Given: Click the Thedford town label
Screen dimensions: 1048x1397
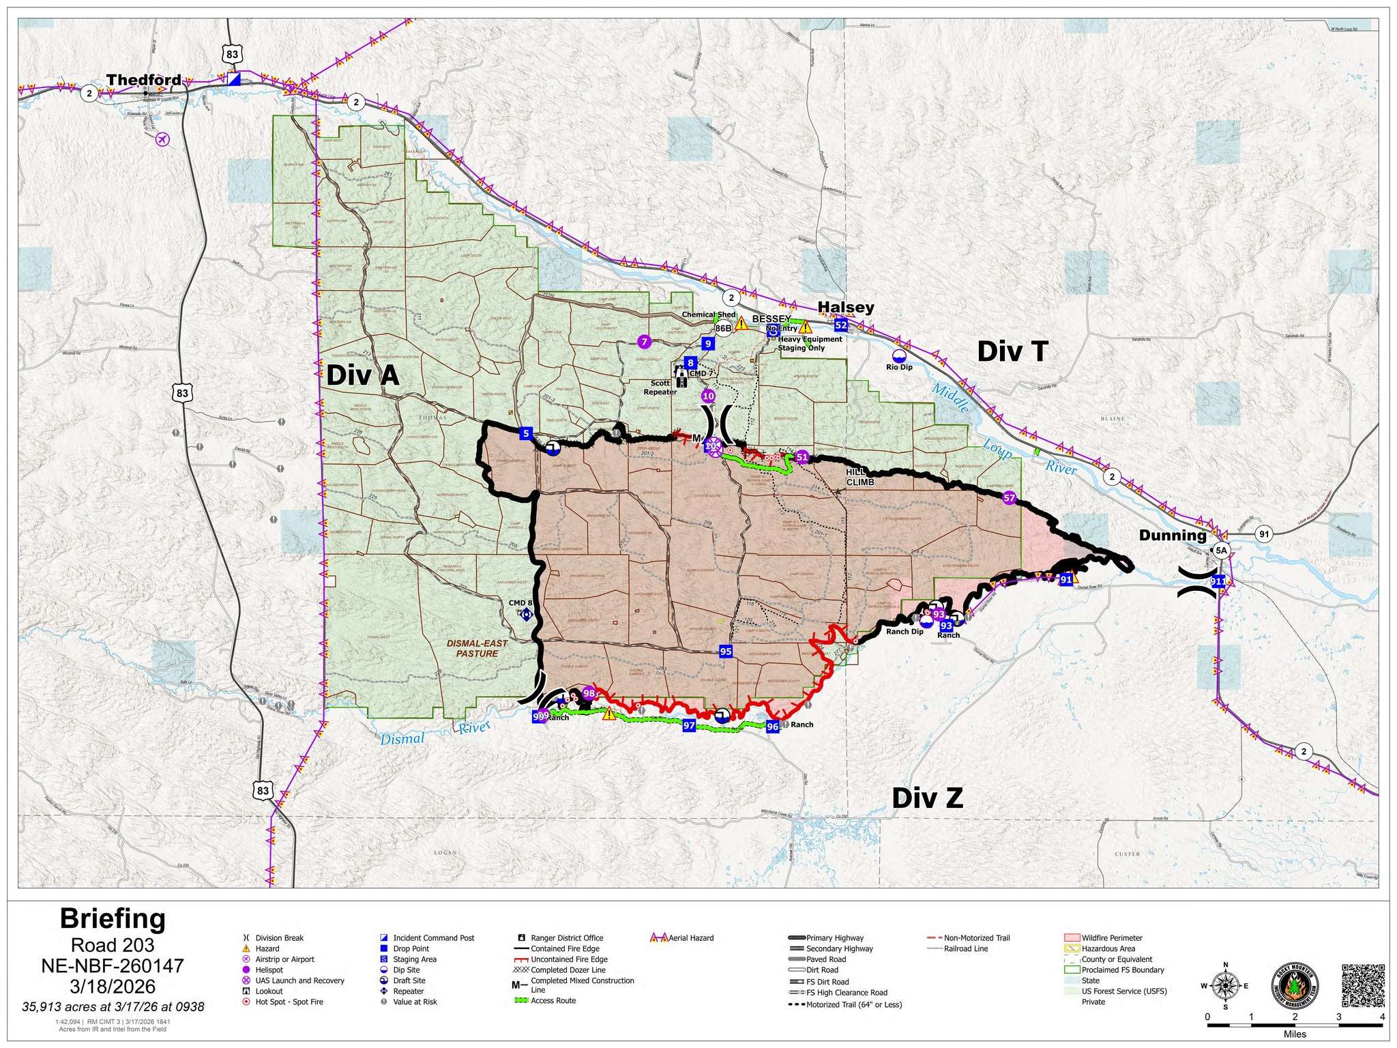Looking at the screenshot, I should point(143,80).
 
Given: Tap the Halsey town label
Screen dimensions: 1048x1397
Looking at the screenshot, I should point(845,307).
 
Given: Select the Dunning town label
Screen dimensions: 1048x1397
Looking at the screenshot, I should point(1172,536).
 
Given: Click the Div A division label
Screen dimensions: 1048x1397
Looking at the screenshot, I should point(362,375).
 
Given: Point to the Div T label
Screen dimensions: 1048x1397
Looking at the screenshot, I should point(1012,351).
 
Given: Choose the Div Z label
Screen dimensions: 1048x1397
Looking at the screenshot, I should point(927,797).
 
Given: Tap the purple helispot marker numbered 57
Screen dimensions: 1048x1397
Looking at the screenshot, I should point(1009,498).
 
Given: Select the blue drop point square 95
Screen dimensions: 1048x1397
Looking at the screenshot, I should point(726,652).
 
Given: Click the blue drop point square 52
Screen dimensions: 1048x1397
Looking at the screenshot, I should point(840,325).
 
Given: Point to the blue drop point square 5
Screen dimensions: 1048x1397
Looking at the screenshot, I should point(525,433).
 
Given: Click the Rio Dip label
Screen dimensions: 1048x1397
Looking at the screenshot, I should point(899,367).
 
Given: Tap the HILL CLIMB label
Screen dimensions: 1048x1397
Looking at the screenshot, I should point(859,477).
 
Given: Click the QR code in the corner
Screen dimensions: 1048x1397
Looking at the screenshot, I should point(1363,985).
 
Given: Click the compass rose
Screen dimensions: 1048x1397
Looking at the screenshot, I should point(1225,985).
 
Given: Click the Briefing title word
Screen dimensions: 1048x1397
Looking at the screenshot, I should point(113,919).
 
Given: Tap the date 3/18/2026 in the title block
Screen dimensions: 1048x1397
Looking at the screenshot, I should point(113,987).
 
